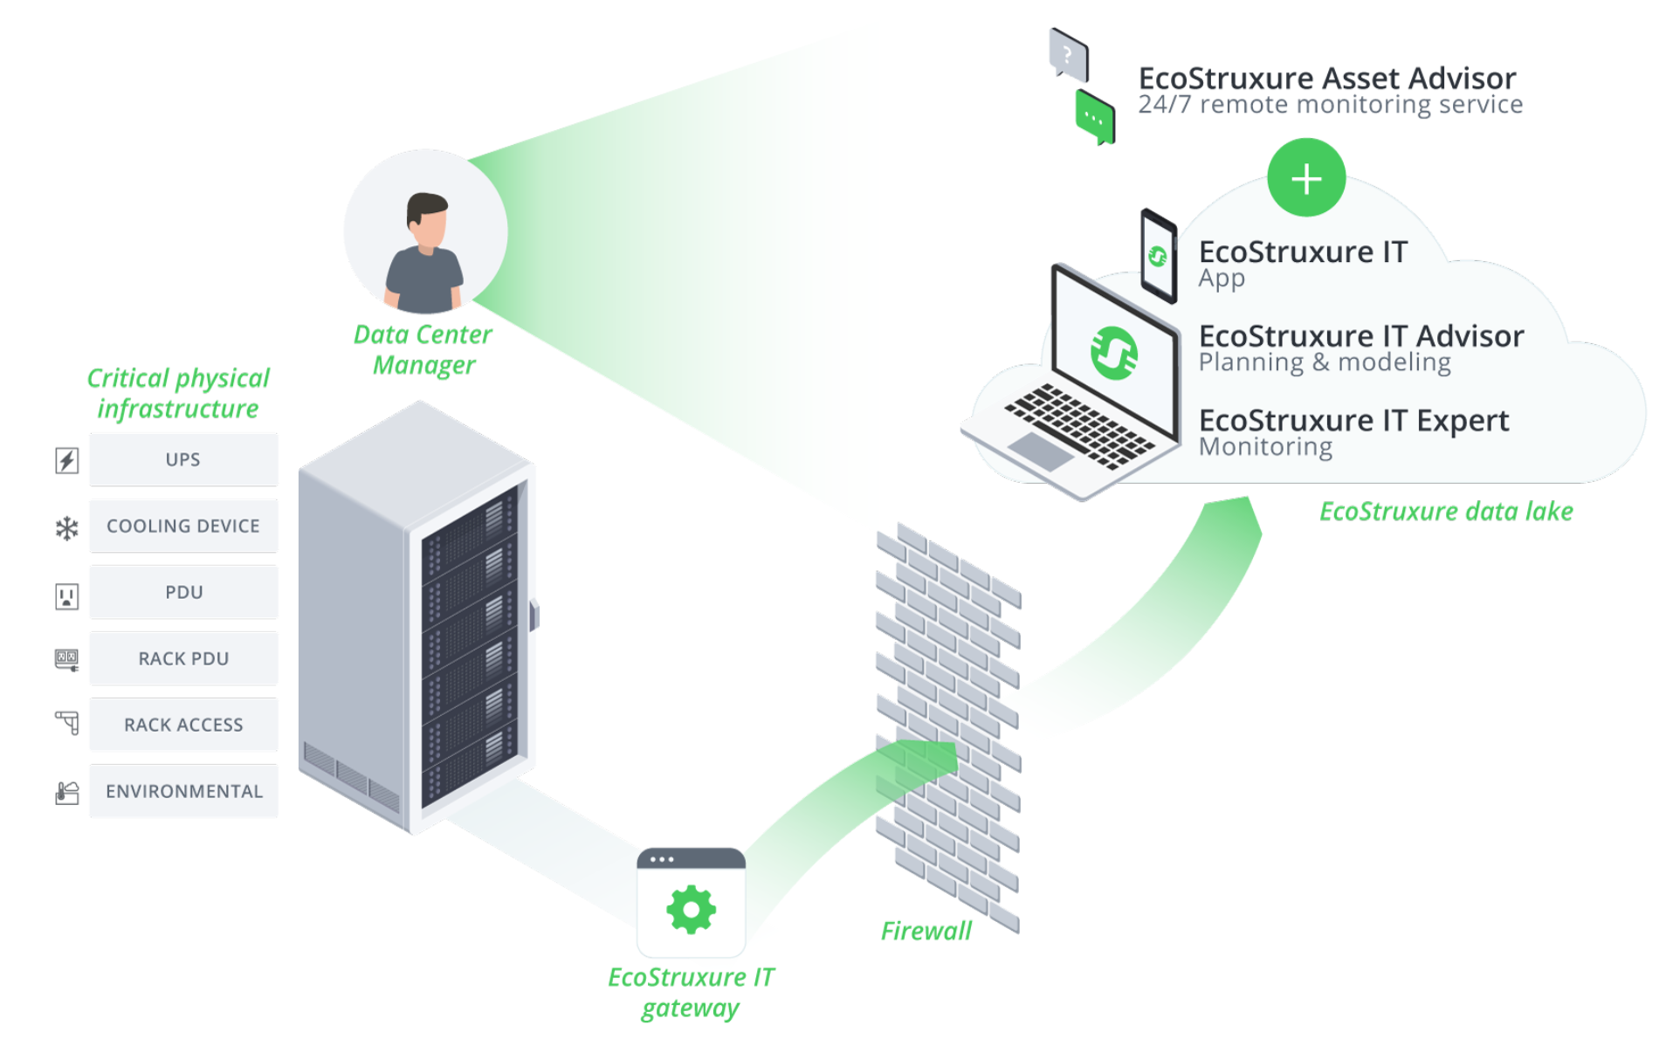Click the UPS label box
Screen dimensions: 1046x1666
tap(183, 459)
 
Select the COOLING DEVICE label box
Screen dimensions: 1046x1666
tap(183, 526)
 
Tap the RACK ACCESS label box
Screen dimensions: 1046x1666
tap(183, 725)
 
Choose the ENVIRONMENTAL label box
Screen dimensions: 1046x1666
tap(183, 791)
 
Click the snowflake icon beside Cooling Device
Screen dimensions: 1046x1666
tap(67, 527)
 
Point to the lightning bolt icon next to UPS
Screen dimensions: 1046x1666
tap(67, 460)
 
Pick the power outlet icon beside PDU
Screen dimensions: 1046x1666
tap(67, 596)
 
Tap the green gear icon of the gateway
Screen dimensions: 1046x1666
tap(691, 910)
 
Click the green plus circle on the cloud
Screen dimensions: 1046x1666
tap(1305, 178)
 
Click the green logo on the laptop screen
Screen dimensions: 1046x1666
tap(1114, 353)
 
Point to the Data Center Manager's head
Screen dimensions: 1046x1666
tap(427, 217)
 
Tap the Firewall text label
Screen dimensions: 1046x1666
tap(926, 931)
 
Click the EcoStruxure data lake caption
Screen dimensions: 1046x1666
tap(1445, 512)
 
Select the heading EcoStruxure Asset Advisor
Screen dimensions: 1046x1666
tap(1326, 79)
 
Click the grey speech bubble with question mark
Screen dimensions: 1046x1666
tap(1068, 55)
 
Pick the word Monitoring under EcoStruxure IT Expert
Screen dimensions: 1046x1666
tap(1265, 447)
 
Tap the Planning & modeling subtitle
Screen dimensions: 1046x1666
tap(1324, 362)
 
